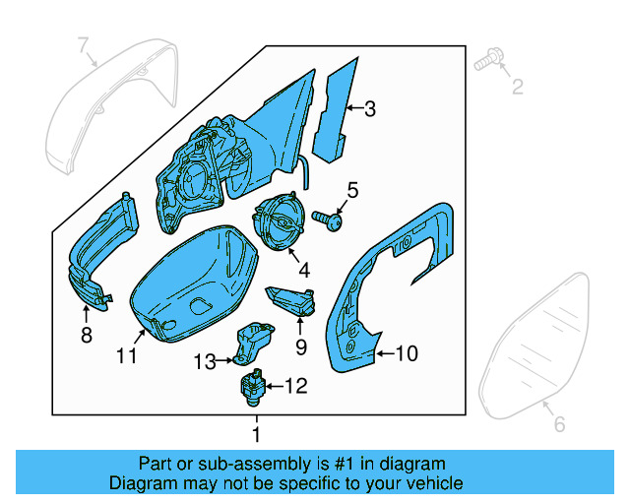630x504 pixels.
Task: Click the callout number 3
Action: click(x=369, y=109)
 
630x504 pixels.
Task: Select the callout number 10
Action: click(x=407, y=350)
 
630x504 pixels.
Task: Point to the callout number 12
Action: click(x=295, y=387)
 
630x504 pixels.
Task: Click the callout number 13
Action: click(x=204, y=362)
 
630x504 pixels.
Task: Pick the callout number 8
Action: click(x=86, y=336)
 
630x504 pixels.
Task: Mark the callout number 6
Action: click(x=558, y=424)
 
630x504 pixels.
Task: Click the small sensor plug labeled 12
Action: click(x=252, y=384)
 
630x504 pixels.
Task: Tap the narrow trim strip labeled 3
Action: click(x=332, y=108)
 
